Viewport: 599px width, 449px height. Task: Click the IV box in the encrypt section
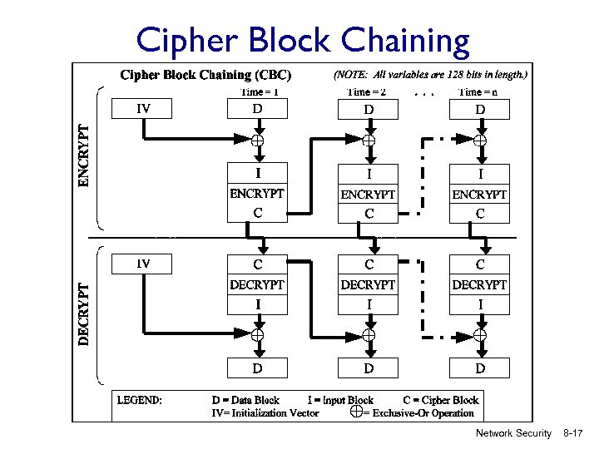[143, 108]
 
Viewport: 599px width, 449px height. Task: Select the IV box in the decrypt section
[143, 264]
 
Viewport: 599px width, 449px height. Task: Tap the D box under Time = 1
[258, 108]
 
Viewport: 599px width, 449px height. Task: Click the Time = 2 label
[366, 92]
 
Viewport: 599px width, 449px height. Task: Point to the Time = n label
[478, 92]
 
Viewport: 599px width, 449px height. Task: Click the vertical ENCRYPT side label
[83, 156]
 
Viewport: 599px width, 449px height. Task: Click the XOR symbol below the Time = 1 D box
[258, 141]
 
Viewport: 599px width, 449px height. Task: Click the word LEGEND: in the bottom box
[140, 400]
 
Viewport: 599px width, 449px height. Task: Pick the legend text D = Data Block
[245, 400]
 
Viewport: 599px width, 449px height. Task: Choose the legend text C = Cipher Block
[440, 400]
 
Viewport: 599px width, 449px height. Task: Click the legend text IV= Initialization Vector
[265, 412]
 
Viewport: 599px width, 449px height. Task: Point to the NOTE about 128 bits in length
[430, 74]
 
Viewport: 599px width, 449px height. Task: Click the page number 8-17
[573, 433]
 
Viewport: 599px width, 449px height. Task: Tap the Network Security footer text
[513, 433]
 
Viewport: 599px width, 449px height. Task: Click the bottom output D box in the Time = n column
[479, 368]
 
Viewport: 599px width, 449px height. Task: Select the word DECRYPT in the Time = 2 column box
[368, 284]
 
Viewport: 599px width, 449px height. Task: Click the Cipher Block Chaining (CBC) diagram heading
[207, 75]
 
